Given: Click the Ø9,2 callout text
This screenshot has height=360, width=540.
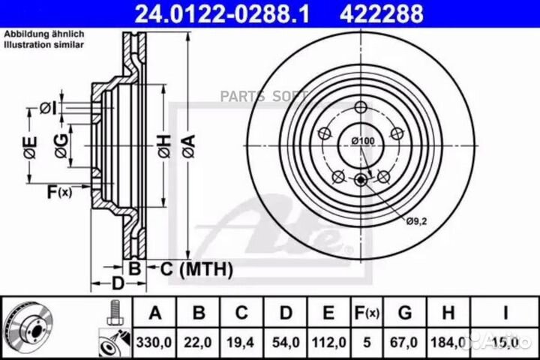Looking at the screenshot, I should coord(416,221).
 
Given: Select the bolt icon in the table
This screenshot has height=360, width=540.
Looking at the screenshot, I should coord(114,311).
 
